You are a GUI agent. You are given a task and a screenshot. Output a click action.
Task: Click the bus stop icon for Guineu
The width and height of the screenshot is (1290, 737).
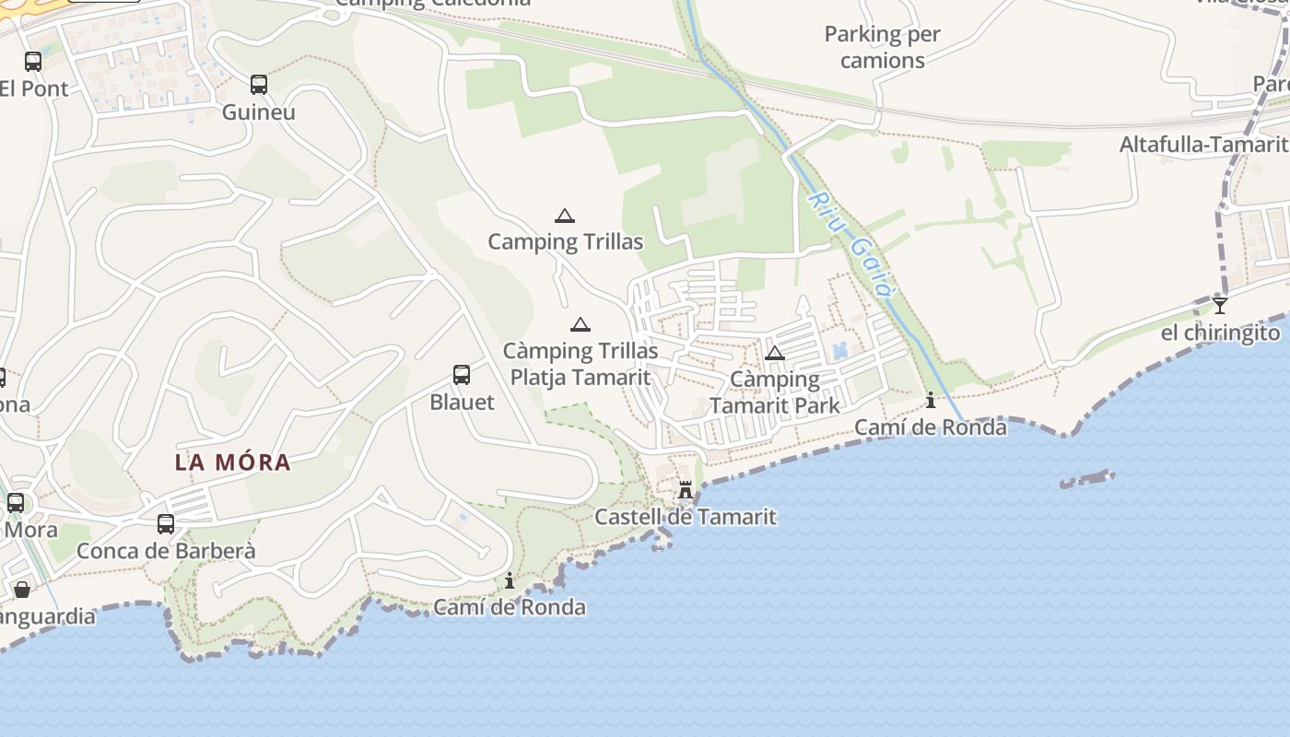coord(259,85)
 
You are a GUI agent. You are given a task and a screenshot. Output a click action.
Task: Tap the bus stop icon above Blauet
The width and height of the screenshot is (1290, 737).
coord(462,375)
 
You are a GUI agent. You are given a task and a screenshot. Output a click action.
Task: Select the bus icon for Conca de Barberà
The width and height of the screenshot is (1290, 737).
coord(166,523)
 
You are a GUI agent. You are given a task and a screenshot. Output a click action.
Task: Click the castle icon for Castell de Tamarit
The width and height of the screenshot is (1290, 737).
coord(686,490)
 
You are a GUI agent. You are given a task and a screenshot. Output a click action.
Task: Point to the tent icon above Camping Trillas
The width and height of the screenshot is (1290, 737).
coord(565,216)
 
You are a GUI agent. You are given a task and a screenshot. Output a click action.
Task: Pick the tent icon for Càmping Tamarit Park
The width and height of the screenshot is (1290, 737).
coord(775,353)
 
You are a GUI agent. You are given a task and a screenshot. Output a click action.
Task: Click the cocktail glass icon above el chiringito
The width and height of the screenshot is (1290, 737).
coord(1220,305)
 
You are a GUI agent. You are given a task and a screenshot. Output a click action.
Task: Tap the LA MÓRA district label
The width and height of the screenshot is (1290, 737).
coord(233,462)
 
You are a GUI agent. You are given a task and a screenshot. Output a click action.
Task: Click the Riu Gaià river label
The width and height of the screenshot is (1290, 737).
coord(852,244)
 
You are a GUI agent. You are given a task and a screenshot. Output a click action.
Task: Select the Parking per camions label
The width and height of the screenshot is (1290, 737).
coord(882,47)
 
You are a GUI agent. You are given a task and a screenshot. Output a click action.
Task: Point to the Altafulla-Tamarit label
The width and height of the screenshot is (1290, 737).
coord(1203,145)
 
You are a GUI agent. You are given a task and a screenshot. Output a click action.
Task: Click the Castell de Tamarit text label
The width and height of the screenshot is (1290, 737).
coord(686,517)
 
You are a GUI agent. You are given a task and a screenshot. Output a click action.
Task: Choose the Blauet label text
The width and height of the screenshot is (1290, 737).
coord(462,403)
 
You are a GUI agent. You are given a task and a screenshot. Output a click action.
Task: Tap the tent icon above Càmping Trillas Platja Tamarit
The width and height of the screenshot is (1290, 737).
coord(580,324)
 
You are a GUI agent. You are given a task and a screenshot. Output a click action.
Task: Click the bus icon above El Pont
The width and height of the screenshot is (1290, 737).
coord(33,62)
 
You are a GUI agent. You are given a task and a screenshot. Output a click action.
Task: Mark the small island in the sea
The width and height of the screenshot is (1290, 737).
coord(1087,479)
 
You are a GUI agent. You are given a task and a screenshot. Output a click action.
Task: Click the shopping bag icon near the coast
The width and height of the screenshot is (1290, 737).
coord(21,589)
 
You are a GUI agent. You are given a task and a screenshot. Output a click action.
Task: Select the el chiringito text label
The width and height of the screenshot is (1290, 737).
coord(1220,333)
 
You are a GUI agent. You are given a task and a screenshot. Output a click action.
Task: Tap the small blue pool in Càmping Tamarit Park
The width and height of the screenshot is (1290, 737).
coord(839,351)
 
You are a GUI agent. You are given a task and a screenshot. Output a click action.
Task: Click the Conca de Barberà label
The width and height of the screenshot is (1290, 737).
coord(166,551)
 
